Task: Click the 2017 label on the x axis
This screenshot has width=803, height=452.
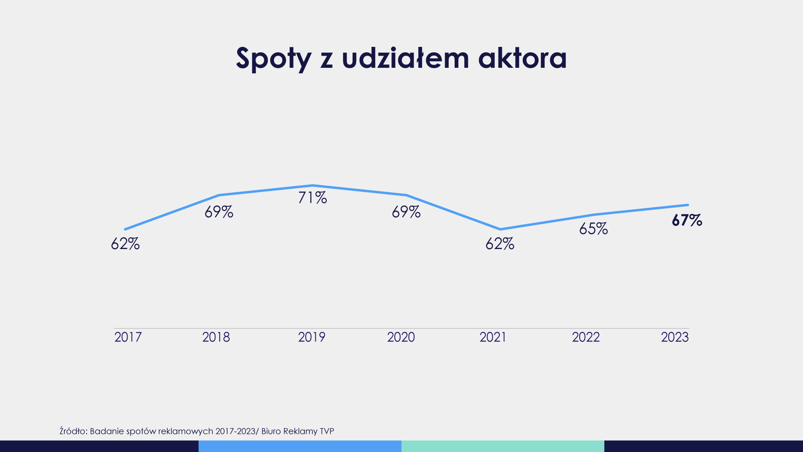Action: [128, 337]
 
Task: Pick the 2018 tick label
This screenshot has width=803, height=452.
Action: [216, 337]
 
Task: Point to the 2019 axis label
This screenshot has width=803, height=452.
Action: [312, 337]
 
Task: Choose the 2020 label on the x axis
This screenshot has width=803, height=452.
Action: [401, 337]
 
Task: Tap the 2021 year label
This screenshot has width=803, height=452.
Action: [493, 337]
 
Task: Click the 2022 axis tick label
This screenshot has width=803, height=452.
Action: [586, 337]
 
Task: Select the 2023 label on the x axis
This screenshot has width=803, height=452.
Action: [675, 337]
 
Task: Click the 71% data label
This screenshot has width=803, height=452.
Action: [312, 198]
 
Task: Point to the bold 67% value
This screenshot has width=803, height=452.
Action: [687, 221]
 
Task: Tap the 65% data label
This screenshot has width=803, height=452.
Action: [593, 229]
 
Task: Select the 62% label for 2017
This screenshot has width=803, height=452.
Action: [125, 244]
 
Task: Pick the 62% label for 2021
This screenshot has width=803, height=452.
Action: [500, 244]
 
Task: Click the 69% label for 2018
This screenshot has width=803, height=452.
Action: [219, 212]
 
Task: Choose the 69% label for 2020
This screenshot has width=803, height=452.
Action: [406, 212]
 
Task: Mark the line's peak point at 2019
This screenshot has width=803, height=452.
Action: [312, 185]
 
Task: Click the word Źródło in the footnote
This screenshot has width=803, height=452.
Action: [73, 431]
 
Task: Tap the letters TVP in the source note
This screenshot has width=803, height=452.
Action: [327, 431]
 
